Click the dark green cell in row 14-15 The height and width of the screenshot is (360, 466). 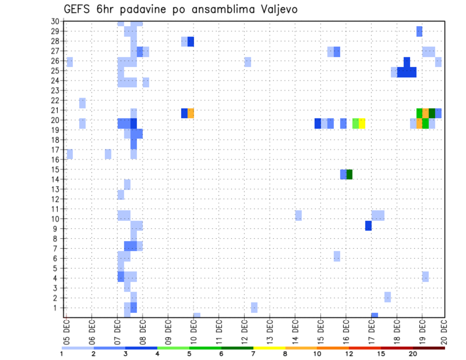(349, 174)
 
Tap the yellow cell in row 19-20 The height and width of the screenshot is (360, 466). (362, 123)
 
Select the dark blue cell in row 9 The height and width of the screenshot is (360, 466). (368, 226)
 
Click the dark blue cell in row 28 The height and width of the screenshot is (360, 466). (191, 41)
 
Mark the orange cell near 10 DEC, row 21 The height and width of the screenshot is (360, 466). (191, 113)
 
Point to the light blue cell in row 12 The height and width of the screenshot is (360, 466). (121, 195)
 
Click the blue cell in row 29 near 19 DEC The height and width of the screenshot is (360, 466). (419, 32)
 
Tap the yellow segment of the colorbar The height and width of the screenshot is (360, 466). (269, 348)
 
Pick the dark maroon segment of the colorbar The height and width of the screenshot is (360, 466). (429, 348)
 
